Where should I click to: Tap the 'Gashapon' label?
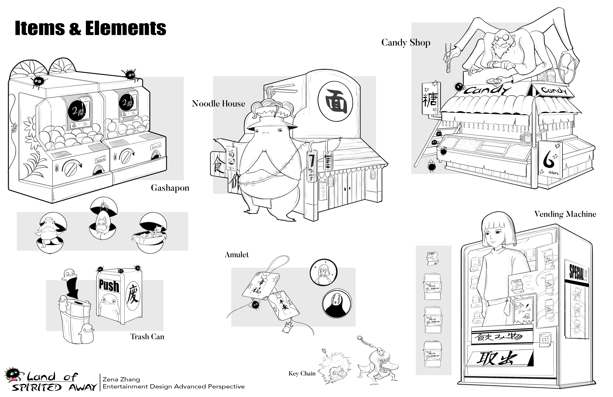[170, 188]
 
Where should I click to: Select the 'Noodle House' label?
[218, 104]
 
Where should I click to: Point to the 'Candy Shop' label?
[406, 43]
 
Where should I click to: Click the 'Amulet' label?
[237, 255]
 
